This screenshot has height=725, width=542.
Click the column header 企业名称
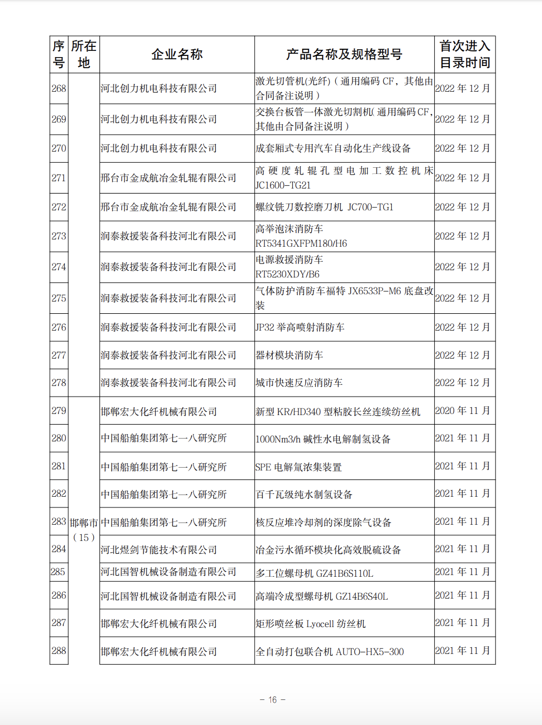point(177,54)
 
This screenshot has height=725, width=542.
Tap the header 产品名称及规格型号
point(344,54)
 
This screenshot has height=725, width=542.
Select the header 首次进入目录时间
point(464,54)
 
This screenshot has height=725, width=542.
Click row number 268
point(59,88)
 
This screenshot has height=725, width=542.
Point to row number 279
point(59,411)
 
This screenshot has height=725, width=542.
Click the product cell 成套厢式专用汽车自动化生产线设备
point(333,148)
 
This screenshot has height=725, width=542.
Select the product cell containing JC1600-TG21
point(283,185)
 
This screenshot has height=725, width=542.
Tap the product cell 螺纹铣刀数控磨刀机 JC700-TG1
point(324,207)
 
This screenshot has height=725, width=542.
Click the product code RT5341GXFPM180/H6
point(301,243)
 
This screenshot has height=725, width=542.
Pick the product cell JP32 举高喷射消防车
point(299,327)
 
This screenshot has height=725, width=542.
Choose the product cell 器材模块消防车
point(289,355)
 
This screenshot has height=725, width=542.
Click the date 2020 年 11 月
point(463,411)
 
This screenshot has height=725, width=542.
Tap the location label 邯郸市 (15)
point(84,529)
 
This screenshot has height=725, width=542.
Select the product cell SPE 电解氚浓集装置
point(298,467)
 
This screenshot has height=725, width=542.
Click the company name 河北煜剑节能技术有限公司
point(159,550)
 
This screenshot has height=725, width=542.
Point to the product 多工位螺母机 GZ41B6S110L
point(314,573)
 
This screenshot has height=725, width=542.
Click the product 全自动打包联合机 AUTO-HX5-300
point(330,652)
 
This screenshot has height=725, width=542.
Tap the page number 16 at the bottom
point(272,699)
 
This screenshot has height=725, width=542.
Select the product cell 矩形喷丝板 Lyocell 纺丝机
point(310,624)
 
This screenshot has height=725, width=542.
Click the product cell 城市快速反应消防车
point(299,383)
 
